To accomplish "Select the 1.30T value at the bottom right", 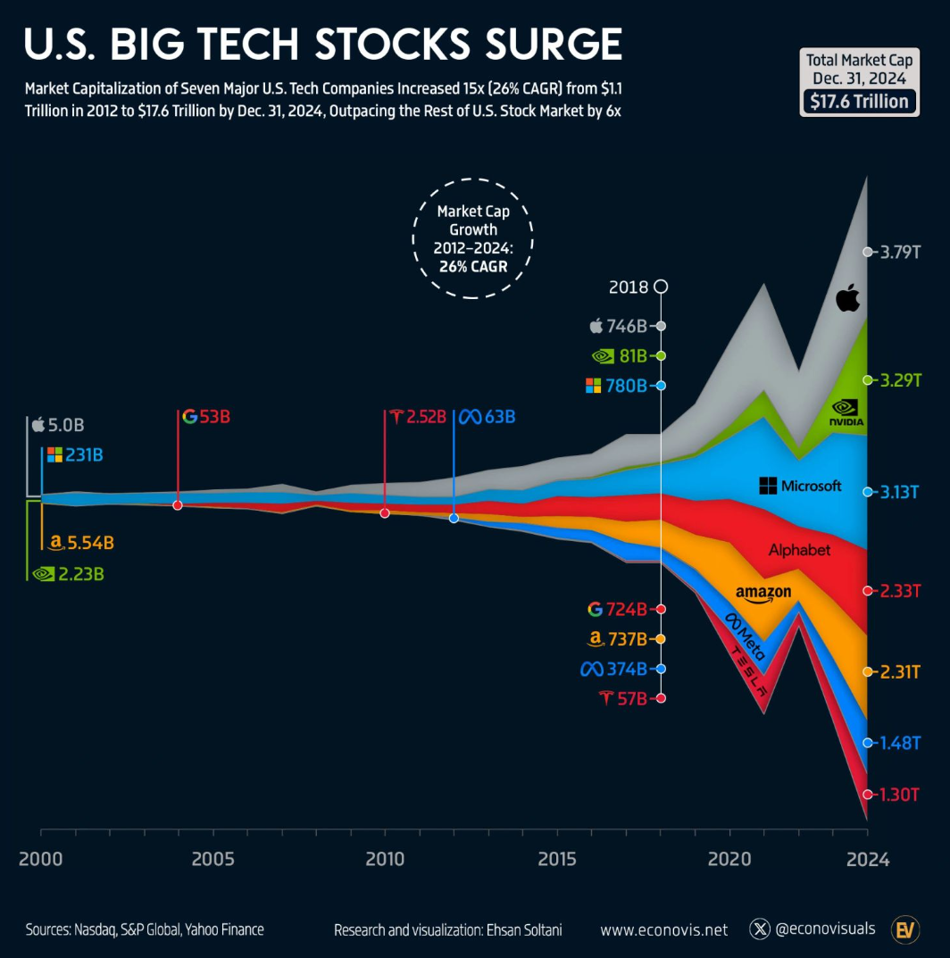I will [x=899, y=794].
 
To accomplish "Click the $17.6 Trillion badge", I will [x=858, y=101].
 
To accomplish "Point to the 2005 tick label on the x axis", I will [x=212, y=860].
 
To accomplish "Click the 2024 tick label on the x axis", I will [x=866, y=860].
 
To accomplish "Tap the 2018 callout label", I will [x=629, y=287].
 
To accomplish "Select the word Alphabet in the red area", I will [x=799, y=550].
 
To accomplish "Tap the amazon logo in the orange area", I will [x=763, y=593].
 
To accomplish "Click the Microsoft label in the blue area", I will [x=800, y=486].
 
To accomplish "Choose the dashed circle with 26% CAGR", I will [x=473, y=237].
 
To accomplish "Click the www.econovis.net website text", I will [x=663, y=929].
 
